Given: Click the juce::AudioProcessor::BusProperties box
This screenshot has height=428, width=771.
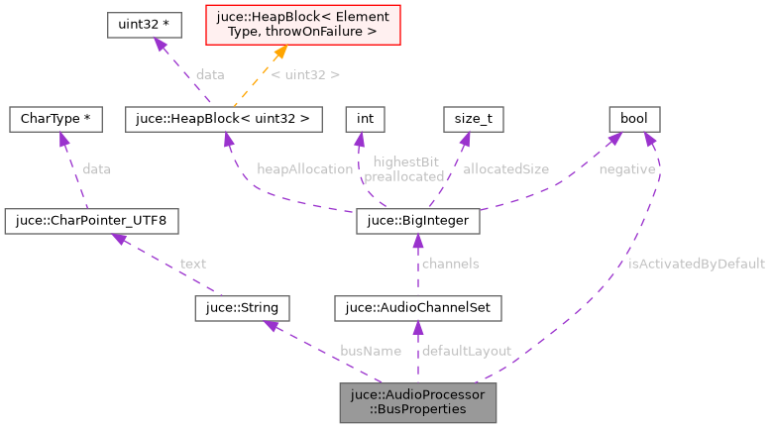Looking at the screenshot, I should [x=417, y=401].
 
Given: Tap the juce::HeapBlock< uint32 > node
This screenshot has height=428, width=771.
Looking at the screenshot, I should [x=224, y=119].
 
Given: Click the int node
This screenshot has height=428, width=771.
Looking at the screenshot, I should [x=365, y=119].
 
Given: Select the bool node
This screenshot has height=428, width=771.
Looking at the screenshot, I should [x=634, y=119].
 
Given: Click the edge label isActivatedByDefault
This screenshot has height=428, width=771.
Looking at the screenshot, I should [x=697, y=264].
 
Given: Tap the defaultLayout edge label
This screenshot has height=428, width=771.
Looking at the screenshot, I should [x=466, y=351].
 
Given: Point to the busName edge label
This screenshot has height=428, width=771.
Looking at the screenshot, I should [x=370, y=351].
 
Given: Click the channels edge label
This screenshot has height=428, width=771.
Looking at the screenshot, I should [x=450, y=264].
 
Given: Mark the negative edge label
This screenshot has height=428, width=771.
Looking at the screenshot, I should [x=626, y=169].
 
